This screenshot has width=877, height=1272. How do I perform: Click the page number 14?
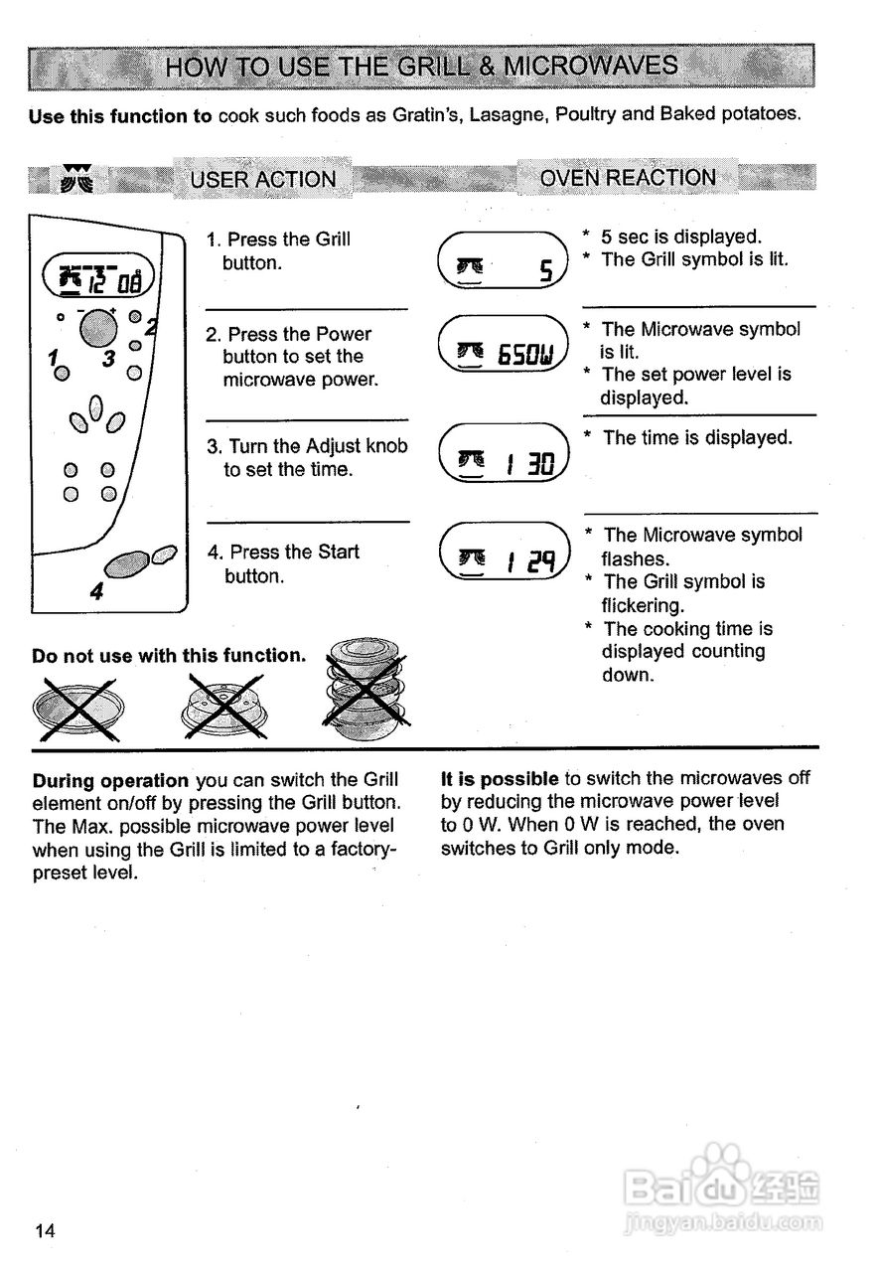point(45,1231)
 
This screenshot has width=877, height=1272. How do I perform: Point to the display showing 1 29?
point(502,562)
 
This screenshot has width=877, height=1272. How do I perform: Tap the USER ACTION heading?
point(263,180)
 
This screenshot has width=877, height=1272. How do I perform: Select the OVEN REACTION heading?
point(627,178)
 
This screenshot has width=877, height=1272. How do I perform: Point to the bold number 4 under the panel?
point(95,592)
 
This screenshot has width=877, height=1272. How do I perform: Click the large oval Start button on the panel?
point(124,565)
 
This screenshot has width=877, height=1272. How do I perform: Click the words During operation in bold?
point(109,780)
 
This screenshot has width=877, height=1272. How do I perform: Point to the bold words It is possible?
point(500,778)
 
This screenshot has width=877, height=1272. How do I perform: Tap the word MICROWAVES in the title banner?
point(592,67)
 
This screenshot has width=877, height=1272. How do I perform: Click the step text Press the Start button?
point(283,563)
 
